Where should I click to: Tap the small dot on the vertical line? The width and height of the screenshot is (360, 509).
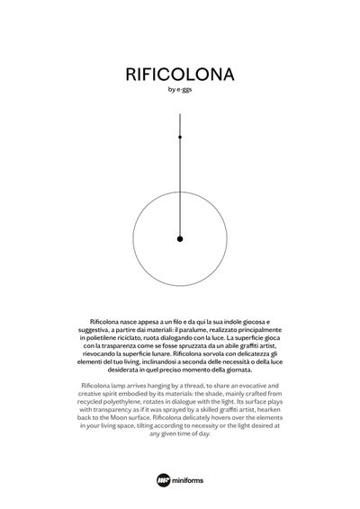point(180,137)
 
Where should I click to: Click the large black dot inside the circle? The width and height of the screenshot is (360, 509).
point(180,238)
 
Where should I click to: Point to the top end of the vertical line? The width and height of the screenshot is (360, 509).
point(180,114)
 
